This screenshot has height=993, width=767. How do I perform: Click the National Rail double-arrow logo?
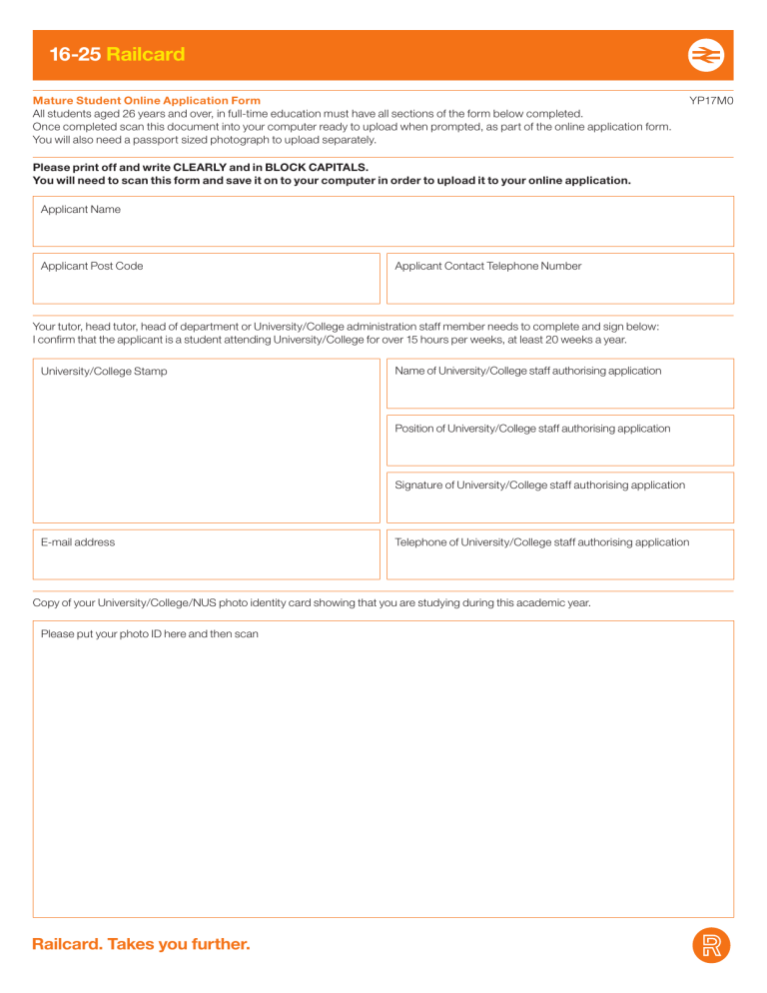click(705, 56)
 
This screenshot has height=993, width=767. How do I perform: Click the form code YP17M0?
click(711, 101)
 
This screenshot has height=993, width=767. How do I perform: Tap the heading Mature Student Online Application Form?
click(147, 101)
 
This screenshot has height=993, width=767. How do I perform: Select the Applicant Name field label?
click(80, 210)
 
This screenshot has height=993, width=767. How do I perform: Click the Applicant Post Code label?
click(91, 267)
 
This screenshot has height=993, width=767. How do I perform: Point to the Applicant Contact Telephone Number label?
click(487, 267)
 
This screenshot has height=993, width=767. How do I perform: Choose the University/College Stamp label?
click(104, 372)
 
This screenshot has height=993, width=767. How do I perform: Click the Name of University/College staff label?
click(527, 371)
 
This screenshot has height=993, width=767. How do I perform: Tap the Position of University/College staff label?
click(532, 429)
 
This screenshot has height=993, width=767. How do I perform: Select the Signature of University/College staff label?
click(539, 486)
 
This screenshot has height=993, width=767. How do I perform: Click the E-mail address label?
click(78, 542)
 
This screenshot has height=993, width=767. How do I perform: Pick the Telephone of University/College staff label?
click(541, 542)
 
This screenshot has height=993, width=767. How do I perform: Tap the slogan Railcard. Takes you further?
click(141, 944)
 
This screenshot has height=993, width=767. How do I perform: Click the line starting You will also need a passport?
click(205, 140)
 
